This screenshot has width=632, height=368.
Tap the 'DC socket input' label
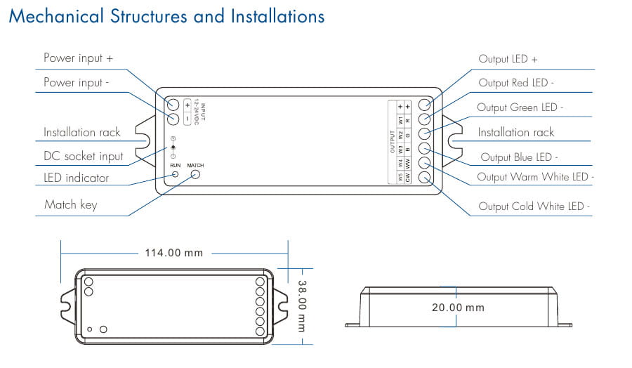[x=83, y=157]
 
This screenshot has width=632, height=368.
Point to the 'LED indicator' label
[x=76, y=178]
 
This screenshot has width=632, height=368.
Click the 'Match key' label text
[x=70, y=205]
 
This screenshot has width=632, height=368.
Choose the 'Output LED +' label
[x=508, y=59]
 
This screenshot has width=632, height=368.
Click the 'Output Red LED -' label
[x=516, y=83]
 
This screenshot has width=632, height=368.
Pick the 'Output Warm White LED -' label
[x=533, y=177]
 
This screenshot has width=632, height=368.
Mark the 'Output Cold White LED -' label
[x=534, y=206]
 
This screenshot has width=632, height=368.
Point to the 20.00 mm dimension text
[x=458, y=308]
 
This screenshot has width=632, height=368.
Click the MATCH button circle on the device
[x=196, y=173]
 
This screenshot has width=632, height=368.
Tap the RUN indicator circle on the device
[x=176, y=173]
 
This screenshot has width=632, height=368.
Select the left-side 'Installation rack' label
[x=81, y=132]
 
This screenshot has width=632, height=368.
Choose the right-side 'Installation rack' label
[x=515, y=132]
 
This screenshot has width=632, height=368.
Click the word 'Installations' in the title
[x=278, y=17]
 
